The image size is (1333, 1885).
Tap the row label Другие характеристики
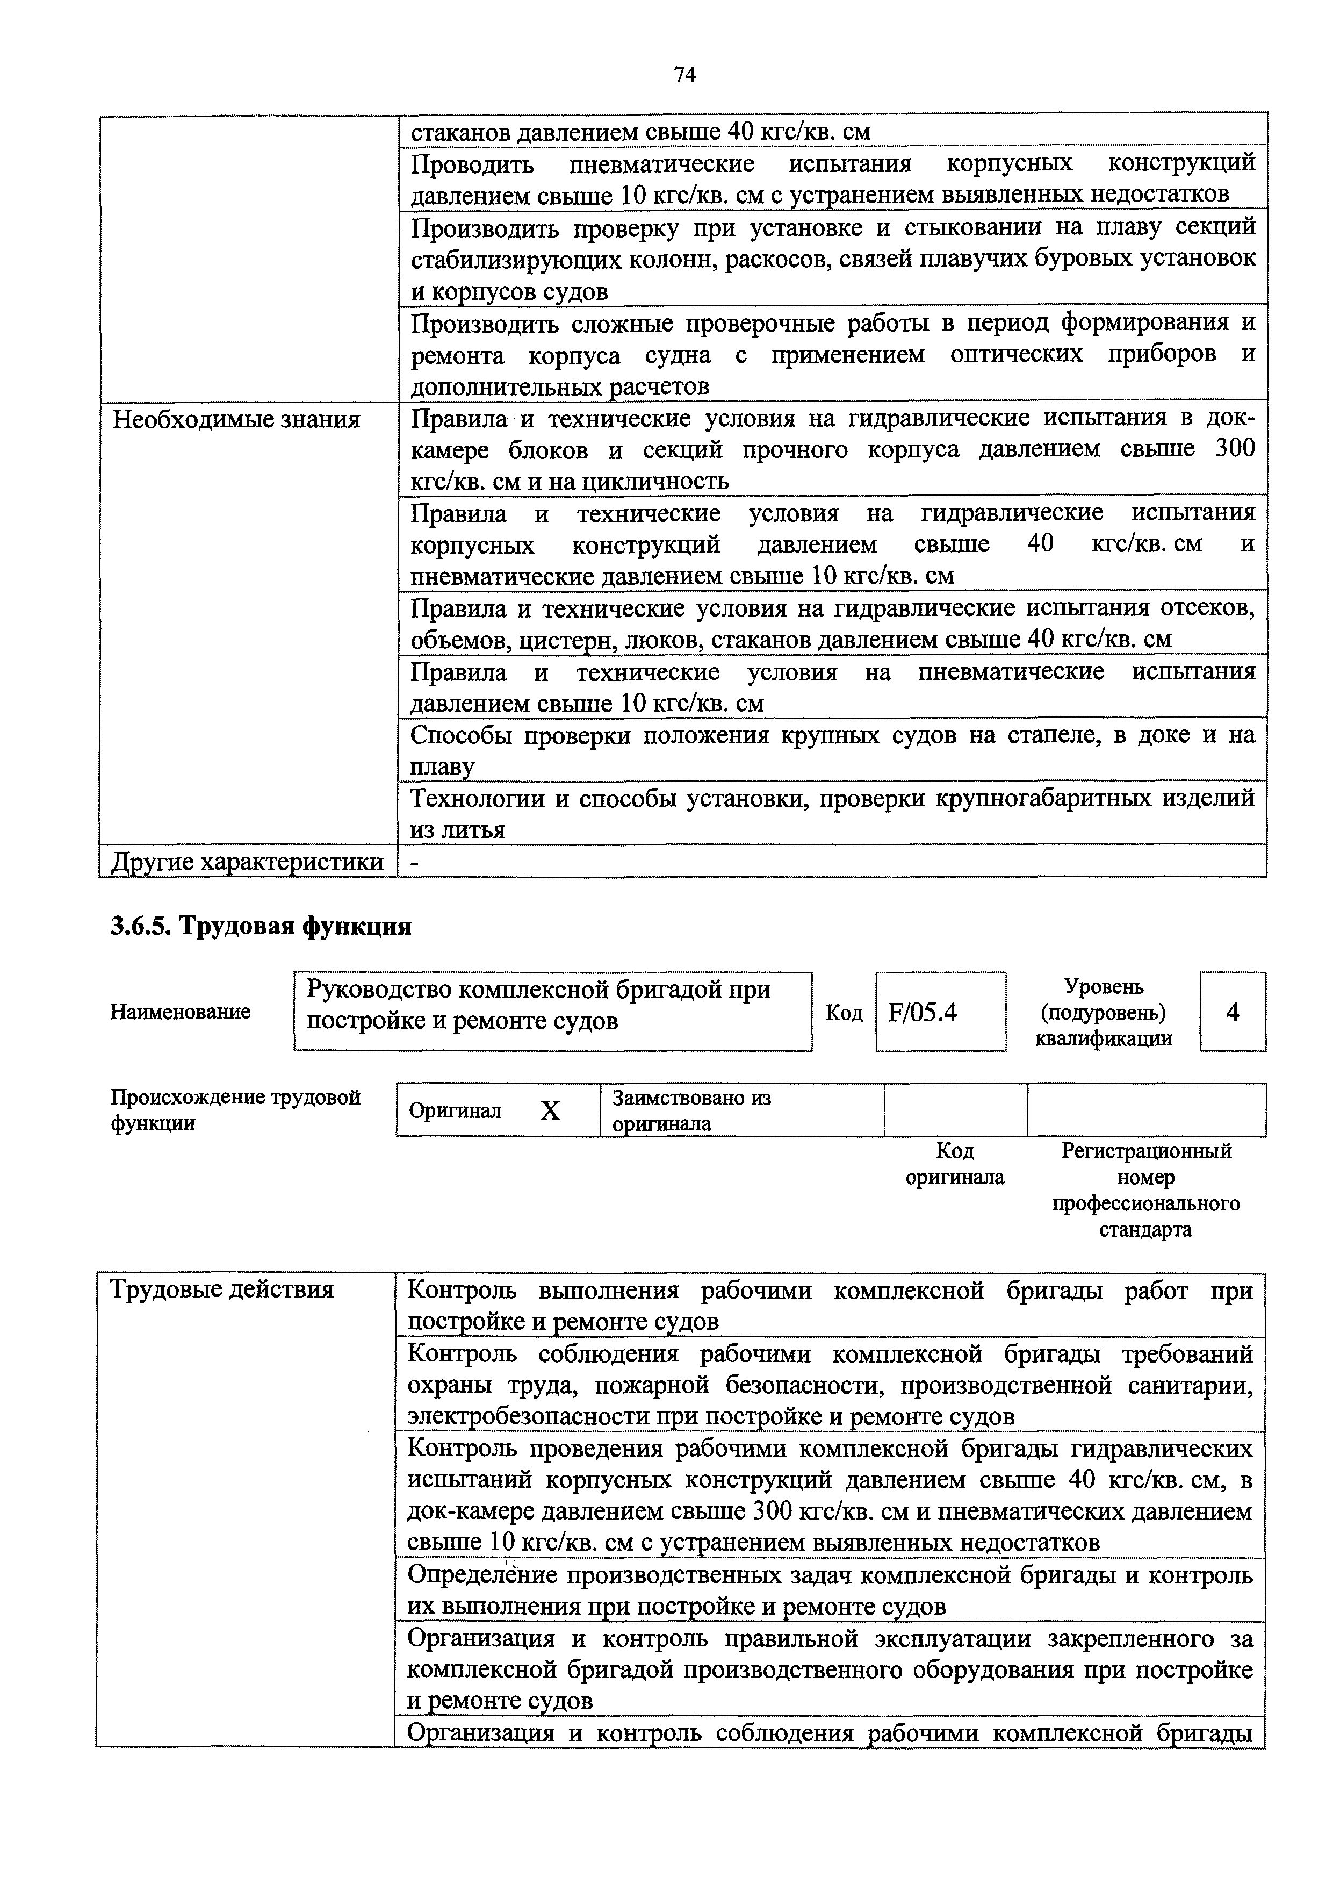click(x=247, y=861)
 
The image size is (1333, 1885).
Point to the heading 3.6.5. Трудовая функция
click(x=260, y=926)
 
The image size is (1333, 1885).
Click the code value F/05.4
click(x=922, y=1012)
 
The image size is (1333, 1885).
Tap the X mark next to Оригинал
click(x=550, y=1111)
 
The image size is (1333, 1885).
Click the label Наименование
click(x=180, y=1012)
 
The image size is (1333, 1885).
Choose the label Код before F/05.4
click(x=844, y=1013)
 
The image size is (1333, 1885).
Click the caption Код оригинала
click(x=955, y=1164)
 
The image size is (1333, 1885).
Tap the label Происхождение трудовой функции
click(x=235, y=1110)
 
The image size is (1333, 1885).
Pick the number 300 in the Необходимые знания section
click(x=1235, y=450)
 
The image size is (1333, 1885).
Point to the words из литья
click(x=457, y=830)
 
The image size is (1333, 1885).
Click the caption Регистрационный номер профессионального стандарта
click(x=1146, y=1191)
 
